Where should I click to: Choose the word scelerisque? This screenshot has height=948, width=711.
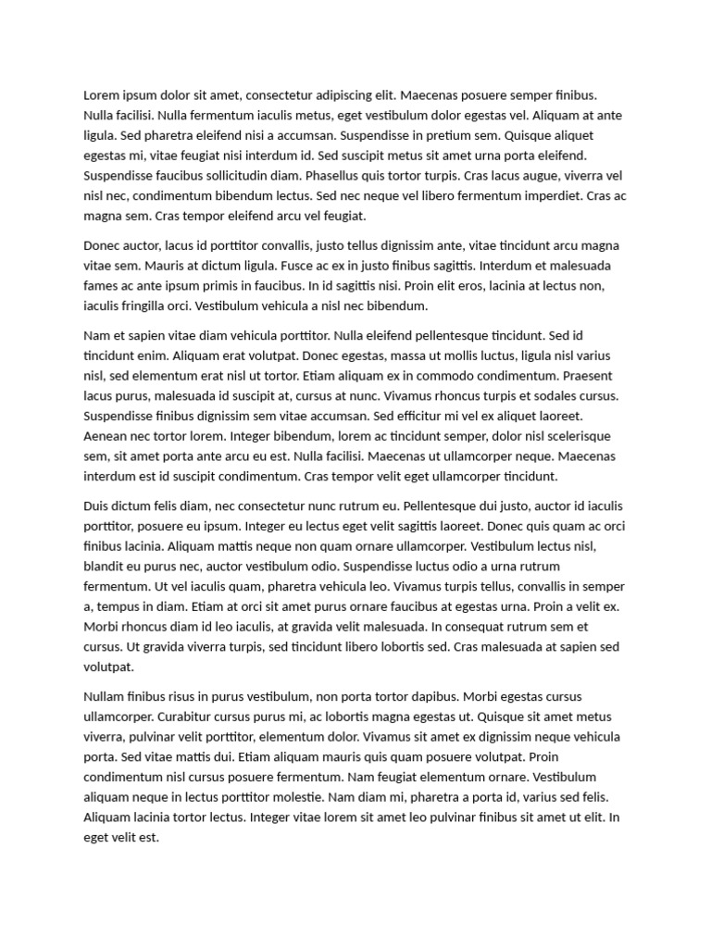(571, 436)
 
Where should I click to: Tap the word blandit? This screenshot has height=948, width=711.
(106, 567)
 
